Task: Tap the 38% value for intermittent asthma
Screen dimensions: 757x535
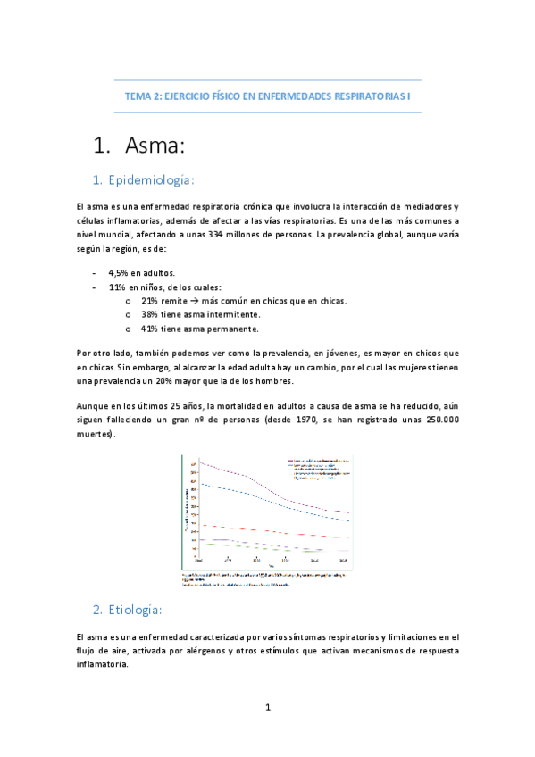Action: pos(150,314)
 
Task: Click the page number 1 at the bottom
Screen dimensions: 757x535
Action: pos(267,708)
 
